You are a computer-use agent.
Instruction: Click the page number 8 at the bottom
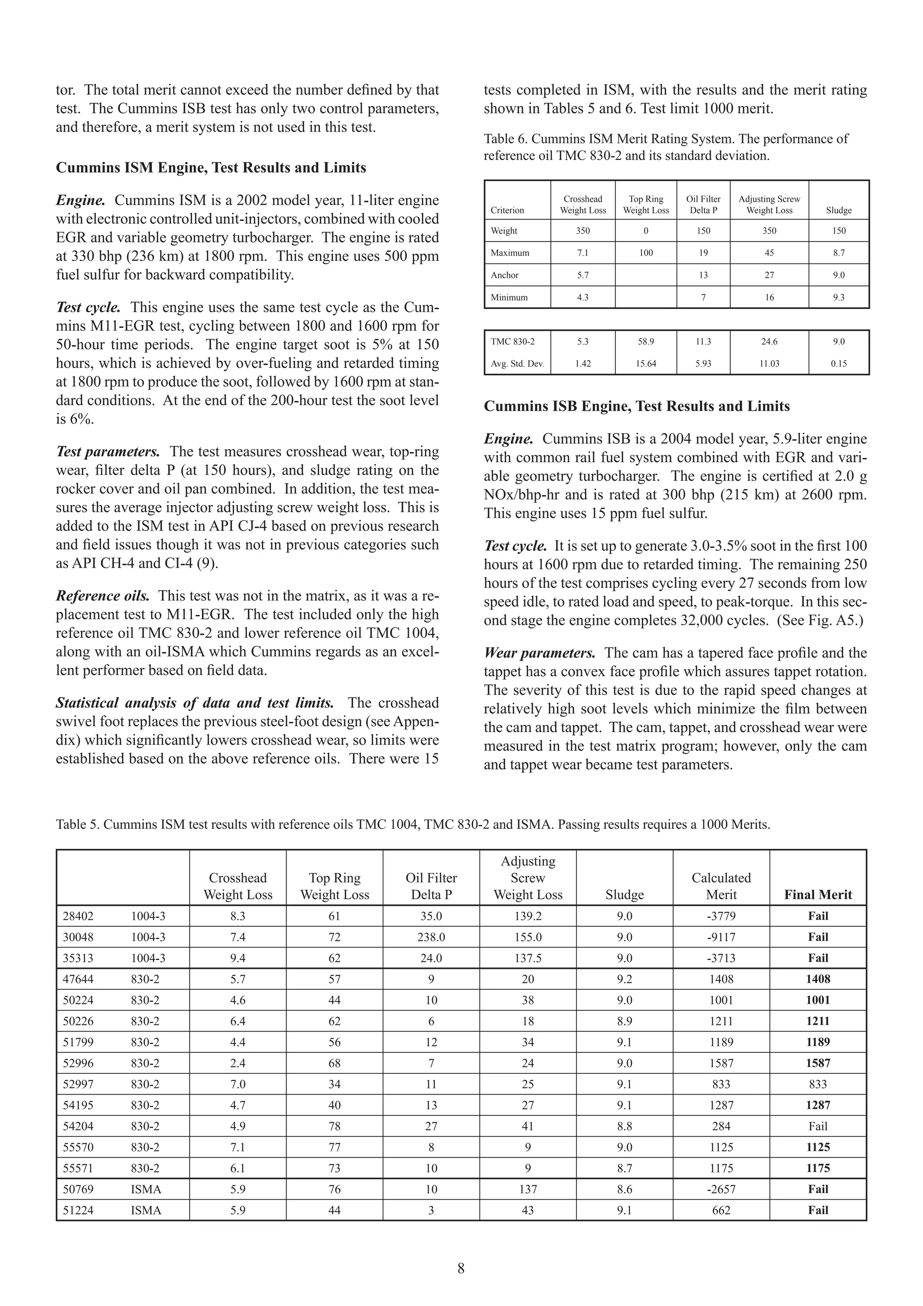point(461,1269)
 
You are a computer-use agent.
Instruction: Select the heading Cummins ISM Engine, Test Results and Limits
point(211,168)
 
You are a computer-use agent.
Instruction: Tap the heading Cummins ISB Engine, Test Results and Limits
point(636,406)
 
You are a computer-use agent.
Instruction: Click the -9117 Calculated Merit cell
point(721,937)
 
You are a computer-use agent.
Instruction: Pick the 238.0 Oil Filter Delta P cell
point(431,937)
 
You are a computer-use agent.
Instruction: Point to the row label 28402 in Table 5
point(78,916)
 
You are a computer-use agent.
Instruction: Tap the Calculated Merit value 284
point(721,1126)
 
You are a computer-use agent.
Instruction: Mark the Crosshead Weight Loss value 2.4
point(238,1063)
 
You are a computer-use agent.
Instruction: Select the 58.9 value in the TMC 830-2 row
point(645,342)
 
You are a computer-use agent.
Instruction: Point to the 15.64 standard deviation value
point(645,363)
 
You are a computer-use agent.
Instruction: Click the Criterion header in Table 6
point(507,211)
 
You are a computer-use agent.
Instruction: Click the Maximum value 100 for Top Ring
point(645,253)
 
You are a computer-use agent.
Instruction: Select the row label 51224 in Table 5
point(78,1210)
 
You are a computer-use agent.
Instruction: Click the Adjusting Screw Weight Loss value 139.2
point(528,916)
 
